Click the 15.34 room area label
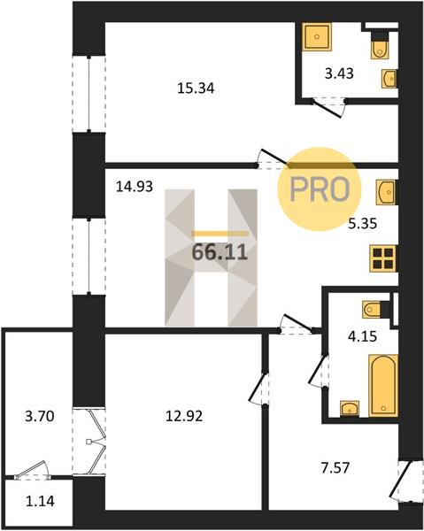click(196, 88)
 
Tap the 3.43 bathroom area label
click(339, 73)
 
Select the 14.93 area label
click(135, 187)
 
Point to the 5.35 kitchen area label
click(363, 224)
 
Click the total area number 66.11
click(220, 252)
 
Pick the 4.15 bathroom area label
click(363, 337)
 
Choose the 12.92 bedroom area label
click(184, 416)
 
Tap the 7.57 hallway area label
click(335, 468)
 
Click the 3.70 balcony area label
click(40, 416)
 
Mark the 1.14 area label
click(40, 501)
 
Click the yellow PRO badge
click(320, 189)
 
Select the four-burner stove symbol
click(383, 258)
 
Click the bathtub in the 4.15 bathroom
click(383, 385)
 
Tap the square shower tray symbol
click(317, 37)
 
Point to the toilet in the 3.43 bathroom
click(380, 46)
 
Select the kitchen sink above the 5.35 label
click(387, 192)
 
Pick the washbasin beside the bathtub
click(350, 408)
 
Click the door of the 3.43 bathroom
click(328, 108)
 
